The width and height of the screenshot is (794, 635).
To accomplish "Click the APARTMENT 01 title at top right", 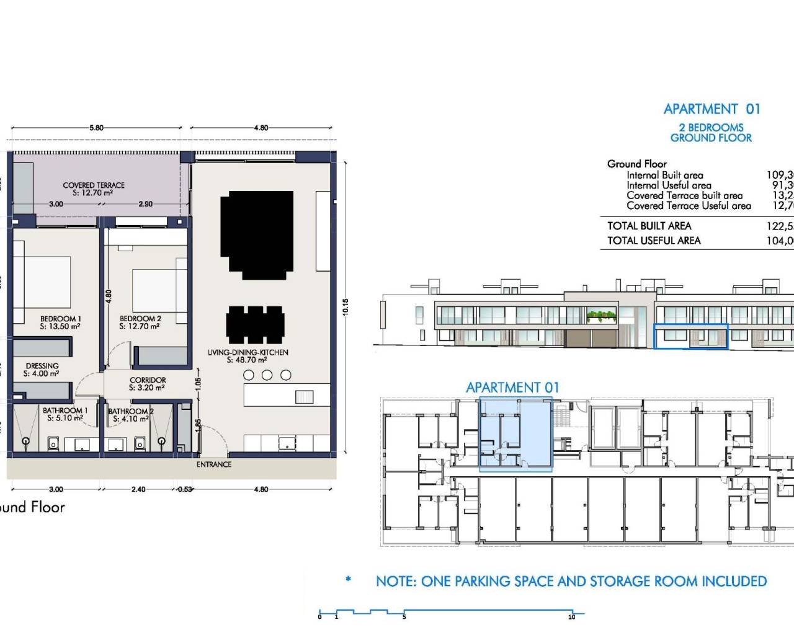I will click(711, 109).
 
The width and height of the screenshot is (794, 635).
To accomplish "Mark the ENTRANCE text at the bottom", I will click(214, 464).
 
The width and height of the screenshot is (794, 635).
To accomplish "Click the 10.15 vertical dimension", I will click(346, 307).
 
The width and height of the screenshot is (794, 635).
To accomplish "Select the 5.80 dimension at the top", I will click(96, 128).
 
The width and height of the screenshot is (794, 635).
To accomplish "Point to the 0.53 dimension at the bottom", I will click(184, 489).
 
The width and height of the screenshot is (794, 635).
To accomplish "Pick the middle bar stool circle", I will click(267, 375).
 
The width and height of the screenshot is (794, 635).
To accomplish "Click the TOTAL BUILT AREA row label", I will click(649, 226).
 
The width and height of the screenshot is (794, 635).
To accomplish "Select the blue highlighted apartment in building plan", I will click(515, 434).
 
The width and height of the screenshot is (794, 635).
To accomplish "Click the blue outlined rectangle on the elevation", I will click(690, 335).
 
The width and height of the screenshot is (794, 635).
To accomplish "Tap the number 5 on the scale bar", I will click(404, 616).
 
